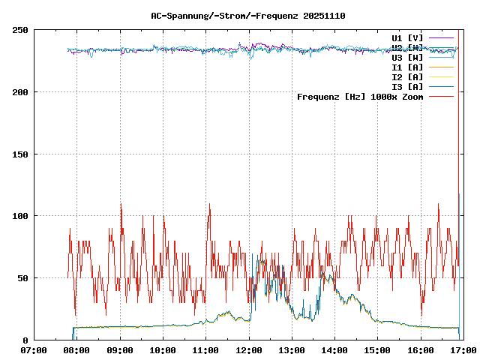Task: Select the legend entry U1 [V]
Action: [x=407, y=37]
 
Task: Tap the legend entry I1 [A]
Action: [x=407, y=67]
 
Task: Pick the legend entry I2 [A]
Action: [x=407, y=76]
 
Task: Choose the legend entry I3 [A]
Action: [x=407, y=86]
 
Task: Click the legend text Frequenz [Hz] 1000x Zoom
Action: [x=360, y=97]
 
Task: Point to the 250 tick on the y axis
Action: [x=20, y=30]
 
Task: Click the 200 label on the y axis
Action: [x=20, y=92]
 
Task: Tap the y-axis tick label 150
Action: [x=20, y=154]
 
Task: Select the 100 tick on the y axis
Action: [x=20, y=216]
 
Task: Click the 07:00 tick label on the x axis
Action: [x=34, y=350]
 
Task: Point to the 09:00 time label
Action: [x=120, y=350]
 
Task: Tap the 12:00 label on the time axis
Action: [x=249, y=350]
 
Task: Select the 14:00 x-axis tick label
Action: [x=334, y=350]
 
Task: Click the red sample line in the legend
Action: [x=442, y=97]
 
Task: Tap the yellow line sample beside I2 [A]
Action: [x=442, y=76]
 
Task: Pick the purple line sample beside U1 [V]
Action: [x=442, y=37]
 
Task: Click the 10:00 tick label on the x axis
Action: [x=163, y=350]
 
